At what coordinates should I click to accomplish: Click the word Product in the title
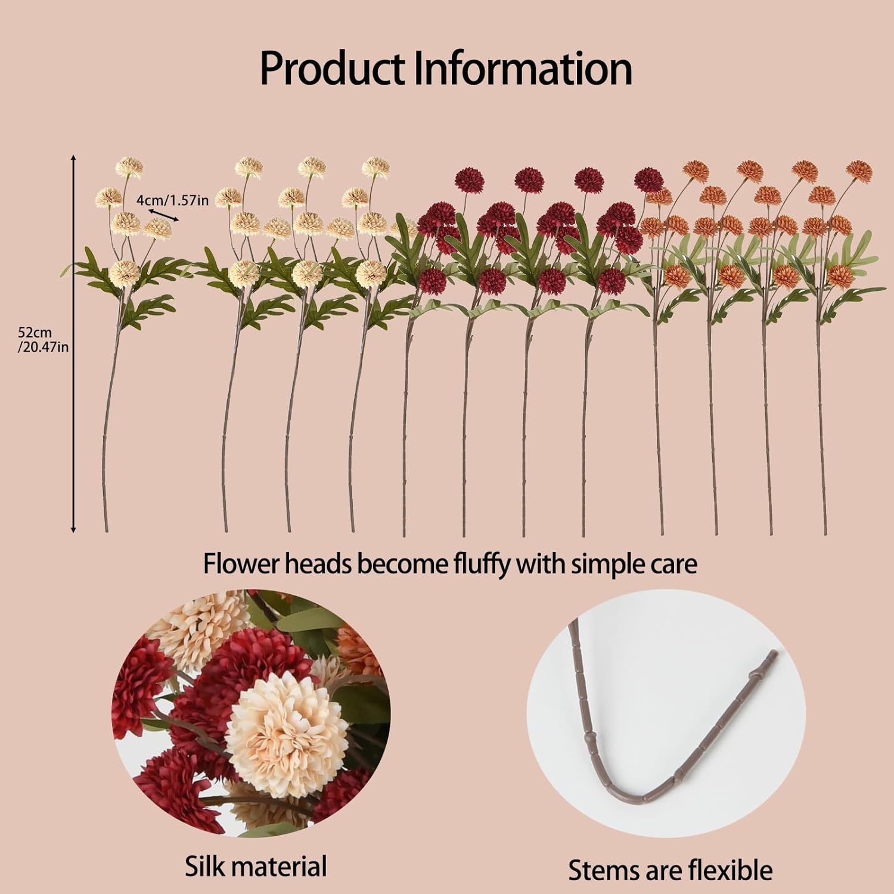(333, 68)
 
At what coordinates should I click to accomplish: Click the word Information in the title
(523, 68)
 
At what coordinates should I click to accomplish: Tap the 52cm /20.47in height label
(43, 340)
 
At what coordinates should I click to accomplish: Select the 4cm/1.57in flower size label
(173, 200)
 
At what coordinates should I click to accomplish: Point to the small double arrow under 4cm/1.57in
(163, 216)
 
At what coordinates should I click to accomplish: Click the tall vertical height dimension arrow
(73, 343)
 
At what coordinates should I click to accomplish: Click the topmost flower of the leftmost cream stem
(129, 167)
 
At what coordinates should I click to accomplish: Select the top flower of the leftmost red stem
(468, 179)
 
